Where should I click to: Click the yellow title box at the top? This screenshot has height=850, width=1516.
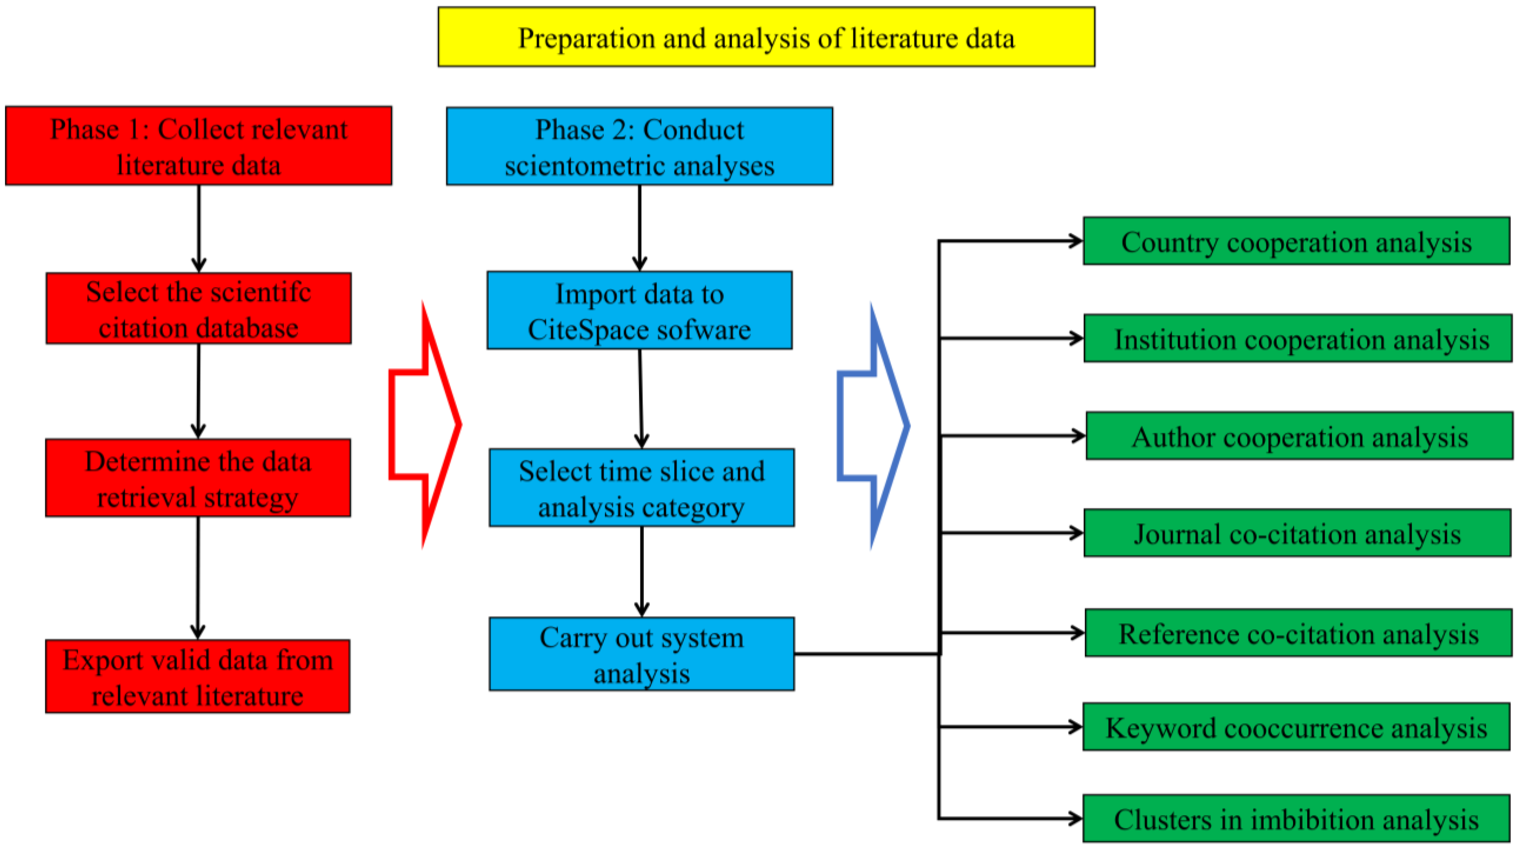pyautogui.click(x=766, y=37)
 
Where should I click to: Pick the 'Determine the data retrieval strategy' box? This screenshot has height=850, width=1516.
pyautogui.click(x=198, y=477)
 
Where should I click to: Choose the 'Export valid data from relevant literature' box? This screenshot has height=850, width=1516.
pyautogui.click(x=198, y=676)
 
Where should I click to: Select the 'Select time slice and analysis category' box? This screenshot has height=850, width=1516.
pyautogui.click(x=641, y=488)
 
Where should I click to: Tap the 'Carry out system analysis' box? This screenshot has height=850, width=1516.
pyautogui.click(x=641, y=653)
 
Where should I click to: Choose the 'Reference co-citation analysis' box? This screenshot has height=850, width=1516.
pyautogui.click(x=1298, y=633)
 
